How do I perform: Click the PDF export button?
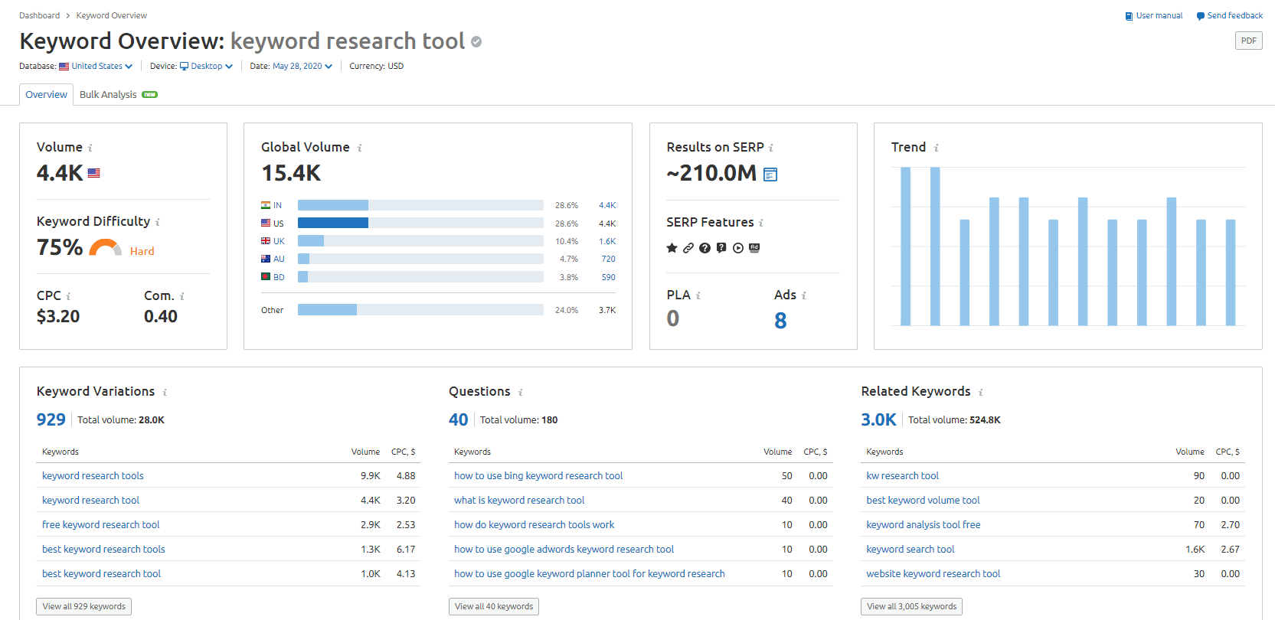[x=1248, y=41]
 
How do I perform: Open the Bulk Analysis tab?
[x=108, y=95]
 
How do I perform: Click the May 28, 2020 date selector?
[x=302, y=67]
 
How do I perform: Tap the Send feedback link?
[x=1234, y=15]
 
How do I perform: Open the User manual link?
[x=1159, y=15]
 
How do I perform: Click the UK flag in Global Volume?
[x=266, y=241]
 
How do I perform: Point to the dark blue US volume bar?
[x=333, y=223]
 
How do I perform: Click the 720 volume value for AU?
[x=608, y=259]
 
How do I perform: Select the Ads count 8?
[x=780, y=321]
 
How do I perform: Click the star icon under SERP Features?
[x=672, y=248]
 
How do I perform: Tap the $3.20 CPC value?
[x=58, y=316]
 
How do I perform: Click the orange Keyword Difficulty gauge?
[x=106, y=248]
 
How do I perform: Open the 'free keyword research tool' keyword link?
[x=101, y=524]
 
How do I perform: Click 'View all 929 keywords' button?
[x=84, y=606]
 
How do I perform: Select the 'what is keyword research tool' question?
[x=519, y=500]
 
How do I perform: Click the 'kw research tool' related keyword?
[x=902, y=475]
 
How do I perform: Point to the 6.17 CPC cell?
[x=406, y=549]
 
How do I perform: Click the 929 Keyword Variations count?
[x=51, y=419]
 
